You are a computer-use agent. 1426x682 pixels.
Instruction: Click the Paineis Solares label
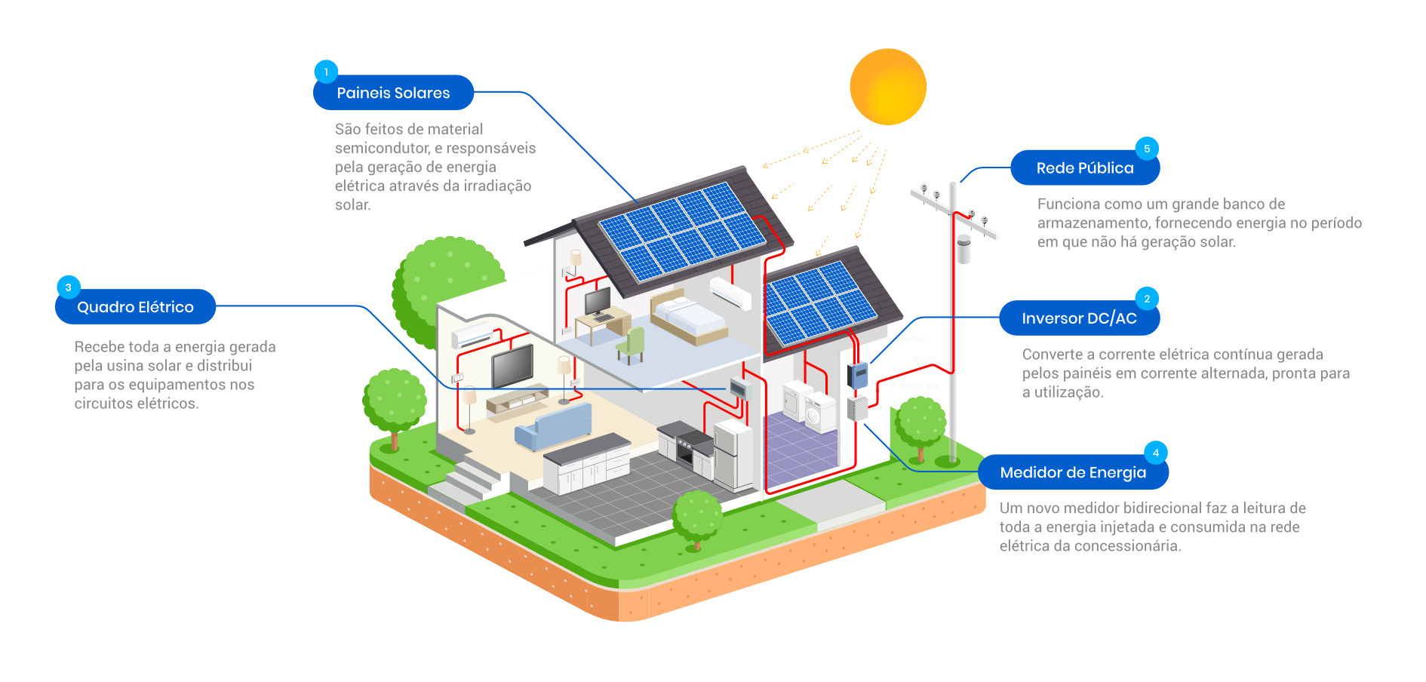pos(393,93)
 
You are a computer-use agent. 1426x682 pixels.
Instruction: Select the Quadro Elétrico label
pos(136,307)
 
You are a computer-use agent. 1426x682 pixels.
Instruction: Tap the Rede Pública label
pos(1084,168)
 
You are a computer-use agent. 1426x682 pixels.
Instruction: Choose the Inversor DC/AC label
pos(1079,318)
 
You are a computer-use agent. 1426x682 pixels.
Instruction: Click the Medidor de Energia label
pos(1073,473)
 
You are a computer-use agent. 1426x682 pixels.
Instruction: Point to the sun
pos(887,87)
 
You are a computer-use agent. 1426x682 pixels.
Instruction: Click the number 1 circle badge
pos(326,72)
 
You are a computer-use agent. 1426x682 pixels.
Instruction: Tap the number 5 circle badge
pos(1147,149)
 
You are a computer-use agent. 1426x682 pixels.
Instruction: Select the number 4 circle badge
pos(1155,453)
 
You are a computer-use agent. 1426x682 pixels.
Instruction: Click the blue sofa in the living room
pos(552,426)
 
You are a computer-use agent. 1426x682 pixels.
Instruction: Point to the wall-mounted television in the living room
pos(513,365)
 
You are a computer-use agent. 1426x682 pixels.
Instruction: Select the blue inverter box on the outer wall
pos(857,373)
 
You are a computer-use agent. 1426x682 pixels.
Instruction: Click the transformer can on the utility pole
pos(963,248)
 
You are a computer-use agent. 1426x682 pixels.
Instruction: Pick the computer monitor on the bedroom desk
pos(598,302)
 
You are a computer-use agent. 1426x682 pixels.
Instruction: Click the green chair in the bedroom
pos(632,345)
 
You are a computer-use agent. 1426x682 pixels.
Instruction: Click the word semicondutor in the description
pos(383,149)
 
